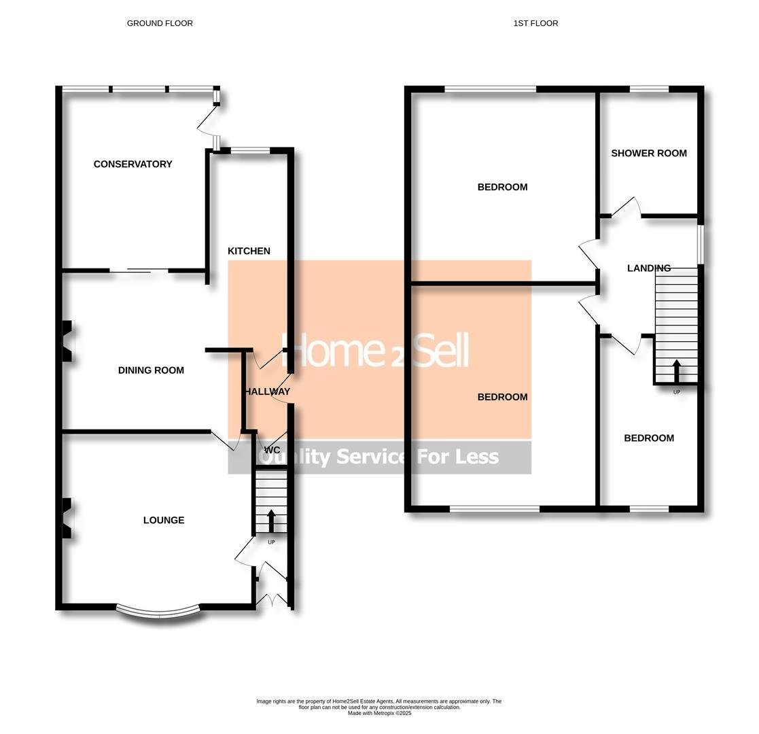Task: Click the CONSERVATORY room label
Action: coord(133,164)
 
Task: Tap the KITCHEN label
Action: coord(249,251)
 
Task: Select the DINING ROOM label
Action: coord(151,370)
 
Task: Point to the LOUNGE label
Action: coord(164,520)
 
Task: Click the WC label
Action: coord(272,451)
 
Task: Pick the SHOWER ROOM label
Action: coord(649,153)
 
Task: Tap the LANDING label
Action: coord(649,268)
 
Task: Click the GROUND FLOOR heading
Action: coord(160,23)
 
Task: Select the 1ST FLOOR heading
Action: coord(535,23)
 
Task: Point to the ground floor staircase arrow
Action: coord(270,521)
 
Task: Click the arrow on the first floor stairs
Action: coord(676,371)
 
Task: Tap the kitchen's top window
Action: coord(250,151)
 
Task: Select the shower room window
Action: coord(649,89)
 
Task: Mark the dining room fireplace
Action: coord(68,341)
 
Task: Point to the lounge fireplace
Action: coord(68,518)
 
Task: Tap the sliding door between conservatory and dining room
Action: coord(139,270)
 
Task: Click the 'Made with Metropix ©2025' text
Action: coord(379,713)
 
